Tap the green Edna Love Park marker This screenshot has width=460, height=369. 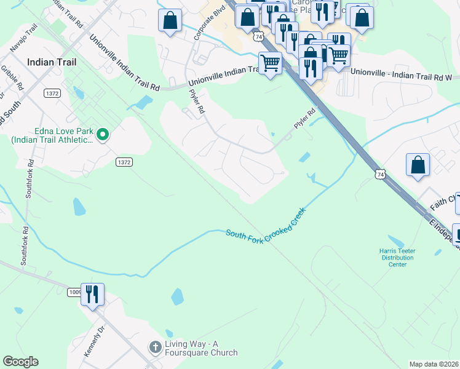pyautogui.click(x=103, y=133)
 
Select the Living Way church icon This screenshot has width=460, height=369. pyautogui.click(x=156, y=347)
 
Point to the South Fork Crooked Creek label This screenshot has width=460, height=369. pyautogui.click(x=265, y=225)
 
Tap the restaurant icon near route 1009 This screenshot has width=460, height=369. pyautogui.click(x=92, y=294)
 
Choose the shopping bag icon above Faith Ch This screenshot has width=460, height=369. pyautogui.click(x=418, y=165)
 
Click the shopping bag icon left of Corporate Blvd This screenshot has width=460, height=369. pyautogui.click(x=170, y=20)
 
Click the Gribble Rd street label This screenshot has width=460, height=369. pyautogui.click(x=12, y=77)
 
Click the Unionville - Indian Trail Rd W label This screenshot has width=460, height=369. pyautogui.click(x=401, y=71)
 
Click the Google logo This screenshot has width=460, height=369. pyautogui.click(x=20, y=362)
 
